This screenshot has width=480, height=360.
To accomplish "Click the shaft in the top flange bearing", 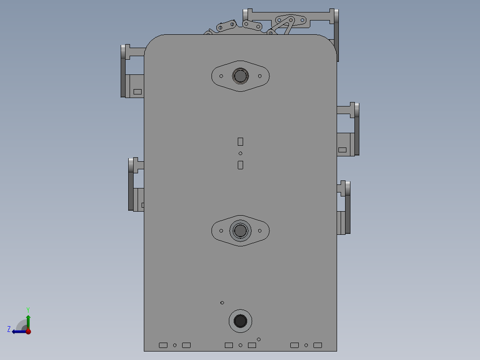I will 240,76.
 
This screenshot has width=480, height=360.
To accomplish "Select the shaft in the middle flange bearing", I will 240,230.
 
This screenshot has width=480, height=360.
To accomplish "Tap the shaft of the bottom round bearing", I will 240,321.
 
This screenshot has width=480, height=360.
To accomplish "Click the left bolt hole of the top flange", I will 221,76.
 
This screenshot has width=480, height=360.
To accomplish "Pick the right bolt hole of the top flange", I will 260,76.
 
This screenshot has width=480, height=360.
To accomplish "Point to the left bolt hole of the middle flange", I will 221,230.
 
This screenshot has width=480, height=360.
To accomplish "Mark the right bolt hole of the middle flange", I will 260,230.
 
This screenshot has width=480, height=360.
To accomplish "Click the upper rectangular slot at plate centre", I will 240,142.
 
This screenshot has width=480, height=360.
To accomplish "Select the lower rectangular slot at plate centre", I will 240,165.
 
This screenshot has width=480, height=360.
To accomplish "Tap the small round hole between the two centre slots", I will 240,153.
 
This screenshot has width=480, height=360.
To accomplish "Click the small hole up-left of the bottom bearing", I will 222,303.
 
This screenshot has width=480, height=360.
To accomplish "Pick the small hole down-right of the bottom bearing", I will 259,340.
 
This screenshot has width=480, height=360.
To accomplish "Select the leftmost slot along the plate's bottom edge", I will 163,345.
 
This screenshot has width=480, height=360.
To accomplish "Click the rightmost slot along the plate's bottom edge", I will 317,345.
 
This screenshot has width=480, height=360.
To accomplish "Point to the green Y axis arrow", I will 28,320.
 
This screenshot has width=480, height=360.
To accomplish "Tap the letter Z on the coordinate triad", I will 9,329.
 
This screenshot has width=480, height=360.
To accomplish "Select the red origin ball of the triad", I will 28,331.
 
